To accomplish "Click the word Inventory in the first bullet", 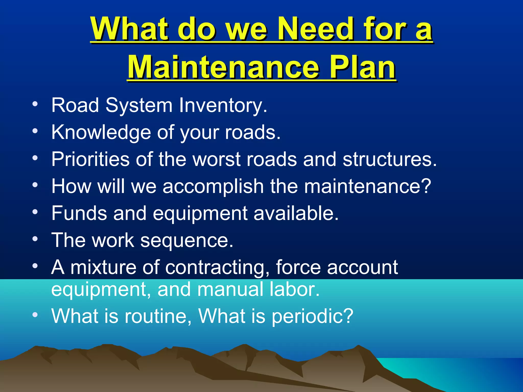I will point(223,105).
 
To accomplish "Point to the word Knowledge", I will point(101,132).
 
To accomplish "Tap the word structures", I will point(389,159).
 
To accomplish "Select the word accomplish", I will point(213,187).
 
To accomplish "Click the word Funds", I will point(79,213).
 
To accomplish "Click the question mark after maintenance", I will point(426,186).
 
